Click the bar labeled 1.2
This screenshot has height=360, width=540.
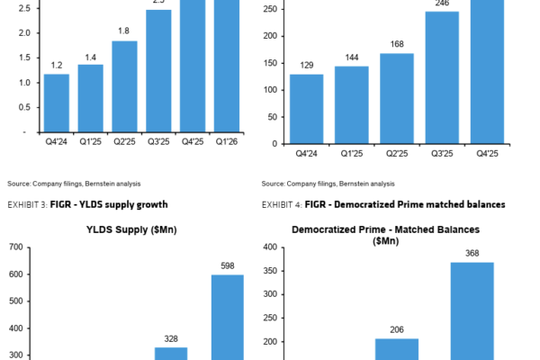click(x=57, y=103)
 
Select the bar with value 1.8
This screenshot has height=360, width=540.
click(x=125, y=86)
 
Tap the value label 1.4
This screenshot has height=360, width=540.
click(x=91, y=57)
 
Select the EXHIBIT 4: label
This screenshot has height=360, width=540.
click(x=283, y=204)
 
